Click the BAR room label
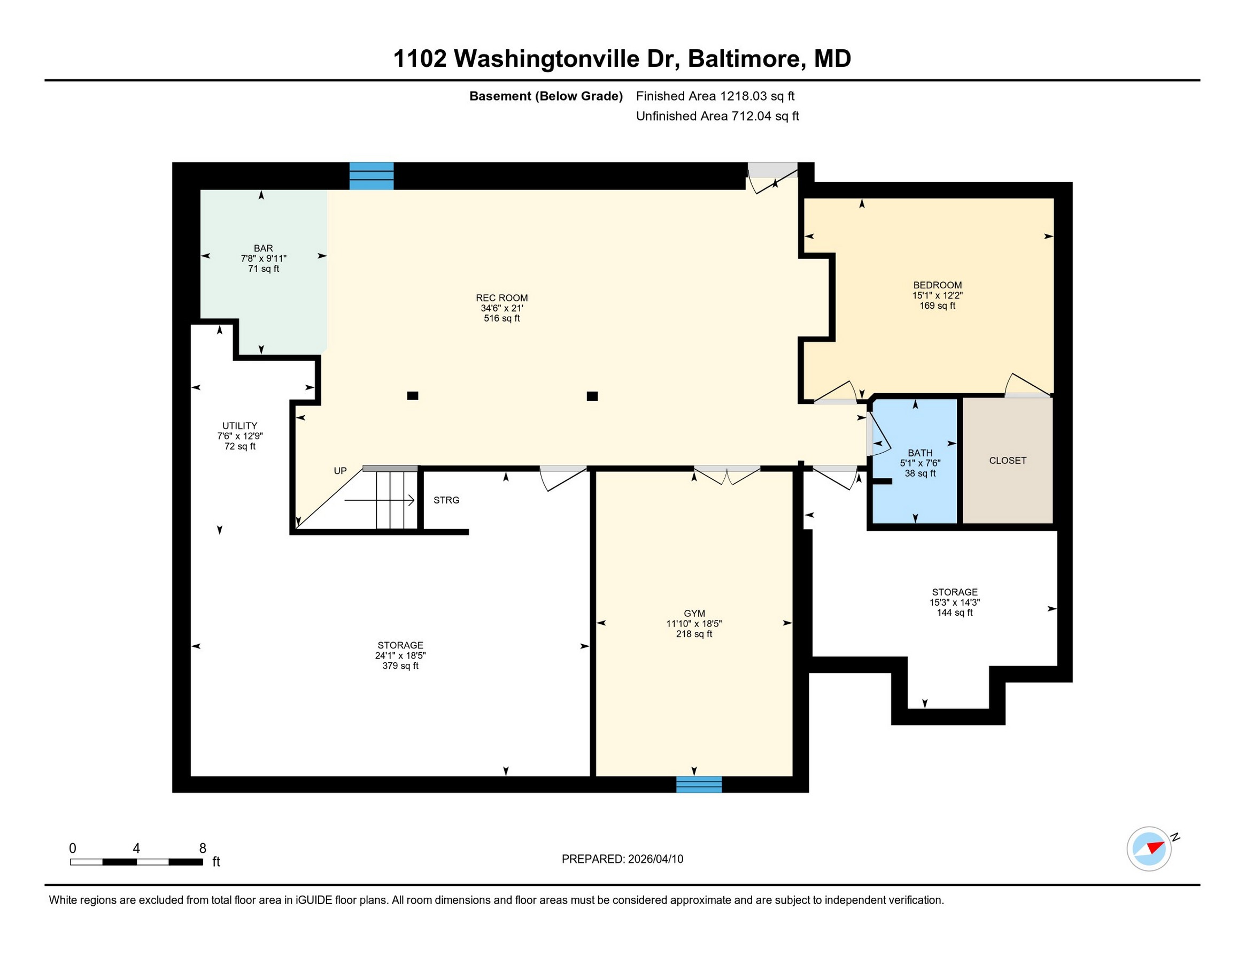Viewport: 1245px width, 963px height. point(264,248)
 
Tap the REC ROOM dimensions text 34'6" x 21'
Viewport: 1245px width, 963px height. point(501,308)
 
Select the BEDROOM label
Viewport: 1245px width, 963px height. point(937,285)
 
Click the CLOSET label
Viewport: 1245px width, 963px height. point(1007,461)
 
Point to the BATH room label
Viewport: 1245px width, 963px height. point(920,453)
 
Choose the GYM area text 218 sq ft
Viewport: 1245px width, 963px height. point(694,634)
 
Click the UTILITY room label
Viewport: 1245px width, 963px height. point(239,425)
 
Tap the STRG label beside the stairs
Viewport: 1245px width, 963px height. point(446,500)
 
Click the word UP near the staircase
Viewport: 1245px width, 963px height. point(340,471)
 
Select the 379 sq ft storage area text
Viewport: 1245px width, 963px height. point(400,666)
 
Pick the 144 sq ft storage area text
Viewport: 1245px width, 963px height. point(954,613)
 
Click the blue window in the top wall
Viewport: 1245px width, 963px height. point(371,175)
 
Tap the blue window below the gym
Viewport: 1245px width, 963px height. point(699,784)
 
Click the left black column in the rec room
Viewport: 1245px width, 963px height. point(413,395)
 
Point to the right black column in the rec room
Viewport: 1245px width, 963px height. point(592,396)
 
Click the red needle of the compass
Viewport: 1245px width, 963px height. point(1154,846)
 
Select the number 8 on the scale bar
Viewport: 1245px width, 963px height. point(203,849)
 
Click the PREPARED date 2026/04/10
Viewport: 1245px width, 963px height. point(655,859)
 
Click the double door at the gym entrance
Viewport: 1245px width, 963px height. point(727,475)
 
